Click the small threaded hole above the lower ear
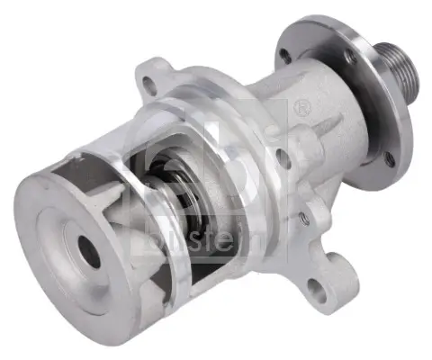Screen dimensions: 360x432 (x=307, y=218)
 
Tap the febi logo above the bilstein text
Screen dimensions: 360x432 (x=234, y=162)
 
